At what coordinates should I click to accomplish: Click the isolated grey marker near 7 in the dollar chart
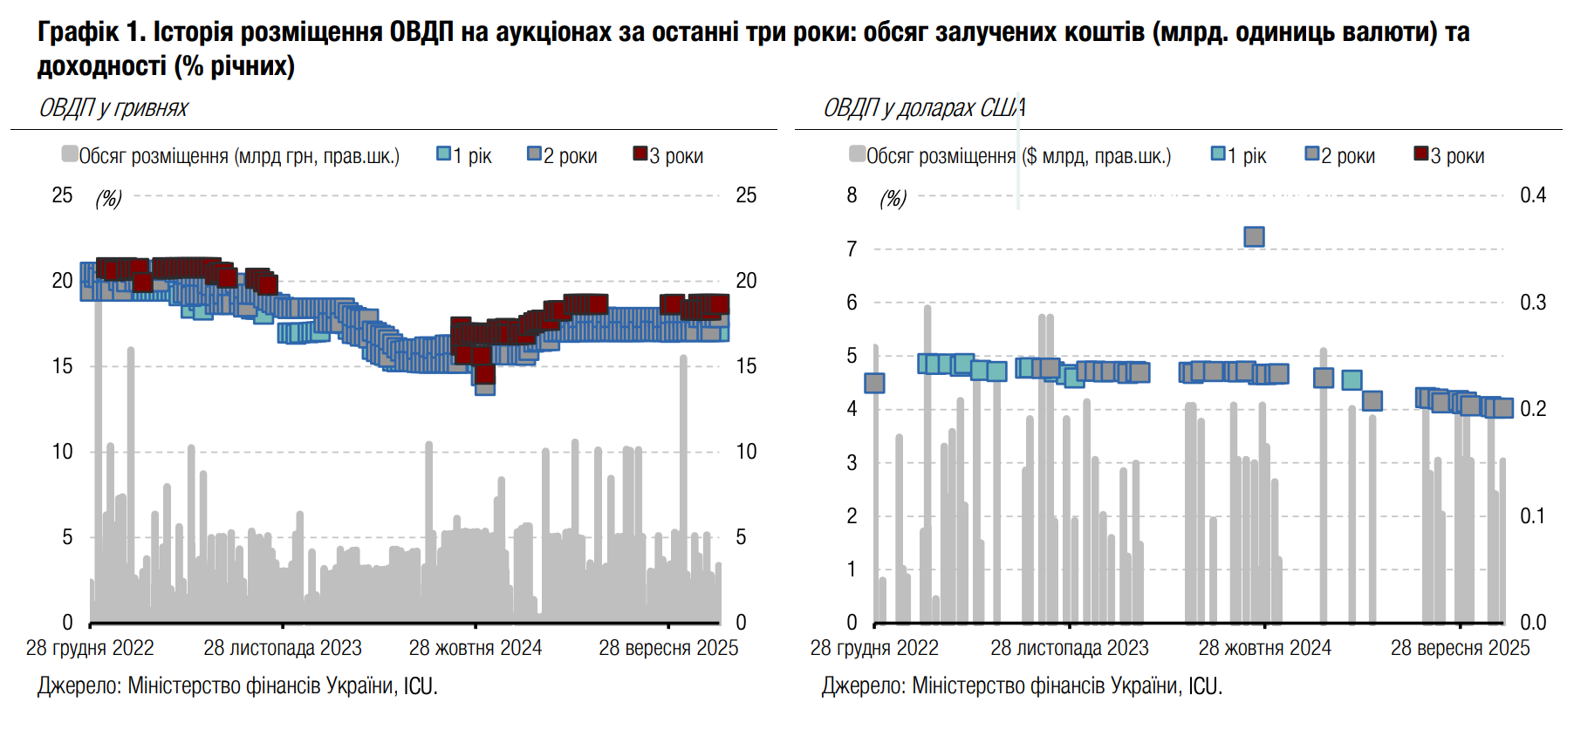pos(1254,236)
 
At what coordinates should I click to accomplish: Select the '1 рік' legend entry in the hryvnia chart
pos(464,156)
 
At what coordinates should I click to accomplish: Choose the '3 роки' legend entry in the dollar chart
pos(1449,156)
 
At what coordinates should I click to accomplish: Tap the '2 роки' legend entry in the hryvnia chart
pos(562,156)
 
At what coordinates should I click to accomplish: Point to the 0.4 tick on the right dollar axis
pos(1532,195)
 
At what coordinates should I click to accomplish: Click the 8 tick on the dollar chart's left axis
pos(852,195)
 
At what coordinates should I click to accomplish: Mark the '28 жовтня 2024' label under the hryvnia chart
pos(476,648)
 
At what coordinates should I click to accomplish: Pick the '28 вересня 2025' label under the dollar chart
pos(1460,648)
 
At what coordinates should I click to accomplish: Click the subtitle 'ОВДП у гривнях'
pos(113,108)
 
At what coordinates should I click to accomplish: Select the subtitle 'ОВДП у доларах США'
pos(924,108)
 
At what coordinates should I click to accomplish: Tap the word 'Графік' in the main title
pos(79,32)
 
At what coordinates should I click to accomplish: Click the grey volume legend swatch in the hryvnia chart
pos(70,154)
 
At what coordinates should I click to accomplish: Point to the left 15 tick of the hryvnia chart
pos(62,366)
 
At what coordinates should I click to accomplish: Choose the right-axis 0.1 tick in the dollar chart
pos(1532,516)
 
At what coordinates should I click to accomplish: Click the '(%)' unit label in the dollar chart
pos(893,199)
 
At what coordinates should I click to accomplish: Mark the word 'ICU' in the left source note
pos(418,686)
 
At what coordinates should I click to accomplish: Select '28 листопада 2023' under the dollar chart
pos(1069,648)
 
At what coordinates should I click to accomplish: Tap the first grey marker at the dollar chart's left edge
pos(874,383)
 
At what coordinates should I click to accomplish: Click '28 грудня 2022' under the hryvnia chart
pos(90,648)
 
